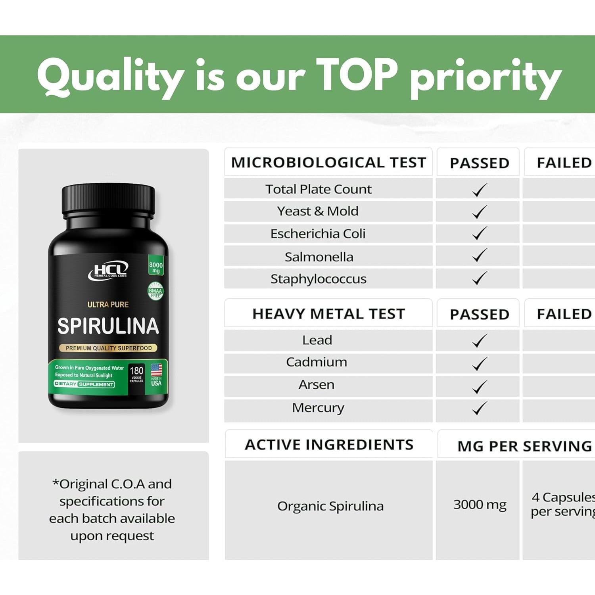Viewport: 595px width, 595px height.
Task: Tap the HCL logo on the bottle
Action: tap(108, 270)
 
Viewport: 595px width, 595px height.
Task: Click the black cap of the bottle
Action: tap(108, 200)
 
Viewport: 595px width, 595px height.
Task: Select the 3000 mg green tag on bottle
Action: tap(156, 267)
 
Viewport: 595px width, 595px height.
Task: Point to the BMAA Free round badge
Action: tap(155, 291)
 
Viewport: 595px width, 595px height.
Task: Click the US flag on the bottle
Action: tap(156, 370)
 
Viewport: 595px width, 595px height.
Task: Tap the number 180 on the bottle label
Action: tap(136, 370)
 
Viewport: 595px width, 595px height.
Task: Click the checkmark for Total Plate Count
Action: tap(479, 190)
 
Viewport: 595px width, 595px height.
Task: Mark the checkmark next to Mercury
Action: tap(479, 408)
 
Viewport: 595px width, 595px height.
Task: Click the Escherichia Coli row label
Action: tap(318, 234)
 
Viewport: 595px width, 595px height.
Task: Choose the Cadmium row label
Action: tap(317, 362)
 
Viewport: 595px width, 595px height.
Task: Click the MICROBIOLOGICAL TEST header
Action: tap(328, 162)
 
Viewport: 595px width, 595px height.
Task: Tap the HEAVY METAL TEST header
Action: tap(328, 314)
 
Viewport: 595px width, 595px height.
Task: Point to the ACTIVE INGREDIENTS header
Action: tap(329, 445)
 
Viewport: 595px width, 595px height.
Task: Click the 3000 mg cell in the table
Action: tap(480, 505)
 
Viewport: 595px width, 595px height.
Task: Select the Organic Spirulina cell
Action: tap(330, 506)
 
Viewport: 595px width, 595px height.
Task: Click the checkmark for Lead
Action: tap(479, 341)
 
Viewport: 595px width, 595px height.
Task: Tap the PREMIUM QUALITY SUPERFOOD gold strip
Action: tap(108, 348)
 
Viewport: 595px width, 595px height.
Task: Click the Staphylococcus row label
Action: tap(318, 279)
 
